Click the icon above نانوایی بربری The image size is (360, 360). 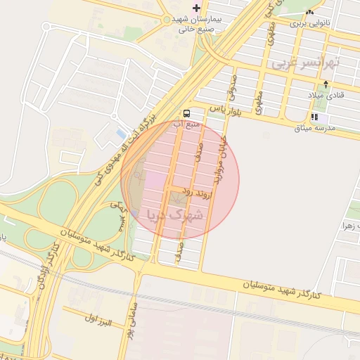310,13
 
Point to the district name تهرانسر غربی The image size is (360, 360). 304,63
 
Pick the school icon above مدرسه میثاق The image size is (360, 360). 314,117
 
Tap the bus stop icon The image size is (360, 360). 186,112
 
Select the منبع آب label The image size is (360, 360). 187,124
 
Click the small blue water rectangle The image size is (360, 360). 121,134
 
